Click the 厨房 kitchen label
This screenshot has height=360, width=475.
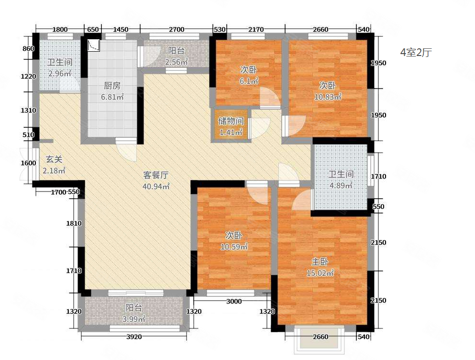(x=112, y=86)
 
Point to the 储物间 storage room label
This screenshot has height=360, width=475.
(x=231, y=121)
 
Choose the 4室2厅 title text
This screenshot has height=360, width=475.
(x=416, y=53)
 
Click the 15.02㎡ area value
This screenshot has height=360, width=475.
(x=320, y=273)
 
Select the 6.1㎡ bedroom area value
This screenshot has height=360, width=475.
(x=249, y=81)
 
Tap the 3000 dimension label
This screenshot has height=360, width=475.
(x=233, y=301)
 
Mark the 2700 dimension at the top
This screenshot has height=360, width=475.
(x=177, y=30)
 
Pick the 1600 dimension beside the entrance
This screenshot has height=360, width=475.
(x=29, y=163)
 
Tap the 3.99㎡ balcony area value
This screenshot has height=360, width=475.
(x=134, y=319)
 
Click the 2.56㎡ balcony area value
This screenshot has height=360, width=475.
(x=177, y=62)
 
